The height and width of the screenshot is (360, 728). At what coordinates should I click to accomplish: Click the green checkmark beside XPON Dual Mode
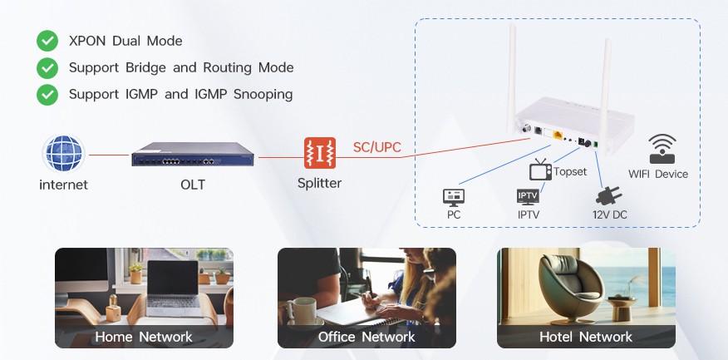(x=47, y=41)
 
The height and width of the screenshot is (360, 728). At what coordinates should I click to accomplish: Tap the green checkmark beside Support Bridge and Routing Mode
(x=47, y=68)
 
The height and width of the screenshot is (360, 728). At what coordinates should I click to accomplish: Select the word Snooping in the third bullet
(x=263, y=95)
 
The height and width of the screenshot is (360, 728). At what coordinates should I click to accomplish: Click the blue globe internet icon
(x=64, y=154)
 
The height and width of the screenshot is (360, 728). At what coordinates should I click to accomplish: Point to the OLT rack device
(x=193, y=154)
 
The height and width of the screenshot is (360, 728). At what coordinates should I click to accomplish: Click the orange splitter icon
(x=320, y=153)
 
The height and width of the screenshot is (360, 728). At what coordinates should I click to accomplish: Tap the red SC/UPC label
(x=377, y=147)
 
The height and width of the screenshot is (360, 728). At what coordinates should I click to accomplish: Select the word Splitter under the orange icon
(x=319, y=183)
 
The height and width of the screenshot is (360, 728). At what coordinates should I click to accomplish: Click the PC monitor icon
(x=454, y=198)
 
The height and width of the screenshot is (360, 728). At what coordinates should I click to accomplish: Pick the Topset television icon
(x=540, y=170)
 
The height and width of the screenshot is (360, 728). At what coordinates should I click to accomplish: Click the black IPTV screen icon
(x=529, y=197)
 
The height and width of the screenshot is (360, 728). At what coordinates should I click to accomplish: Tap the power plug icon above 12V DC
(x=608, y=196)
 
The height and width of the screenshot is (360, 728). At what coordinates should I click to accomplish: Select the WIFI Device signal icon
(x=662, y=149)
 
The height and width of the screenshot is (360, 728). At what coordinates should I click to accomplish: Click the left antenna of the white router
(x=512, y=80)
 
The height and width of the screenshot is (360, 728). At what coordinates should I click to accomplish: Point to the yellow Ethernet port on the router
(x=557, y=136)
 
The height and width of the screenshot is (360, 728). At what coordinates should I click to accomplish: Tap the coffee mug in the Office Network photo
(x=304, y=311)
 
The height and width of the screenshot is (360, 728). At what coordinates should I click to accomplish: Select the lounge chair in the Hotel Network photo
(x=571, y=288)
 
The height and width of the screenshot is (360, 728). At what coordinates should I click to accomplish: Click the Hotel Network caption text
(x=586, y=337)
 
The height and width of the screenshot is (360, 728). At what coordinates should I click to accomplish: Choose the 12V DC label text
(x=610, y=215)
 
